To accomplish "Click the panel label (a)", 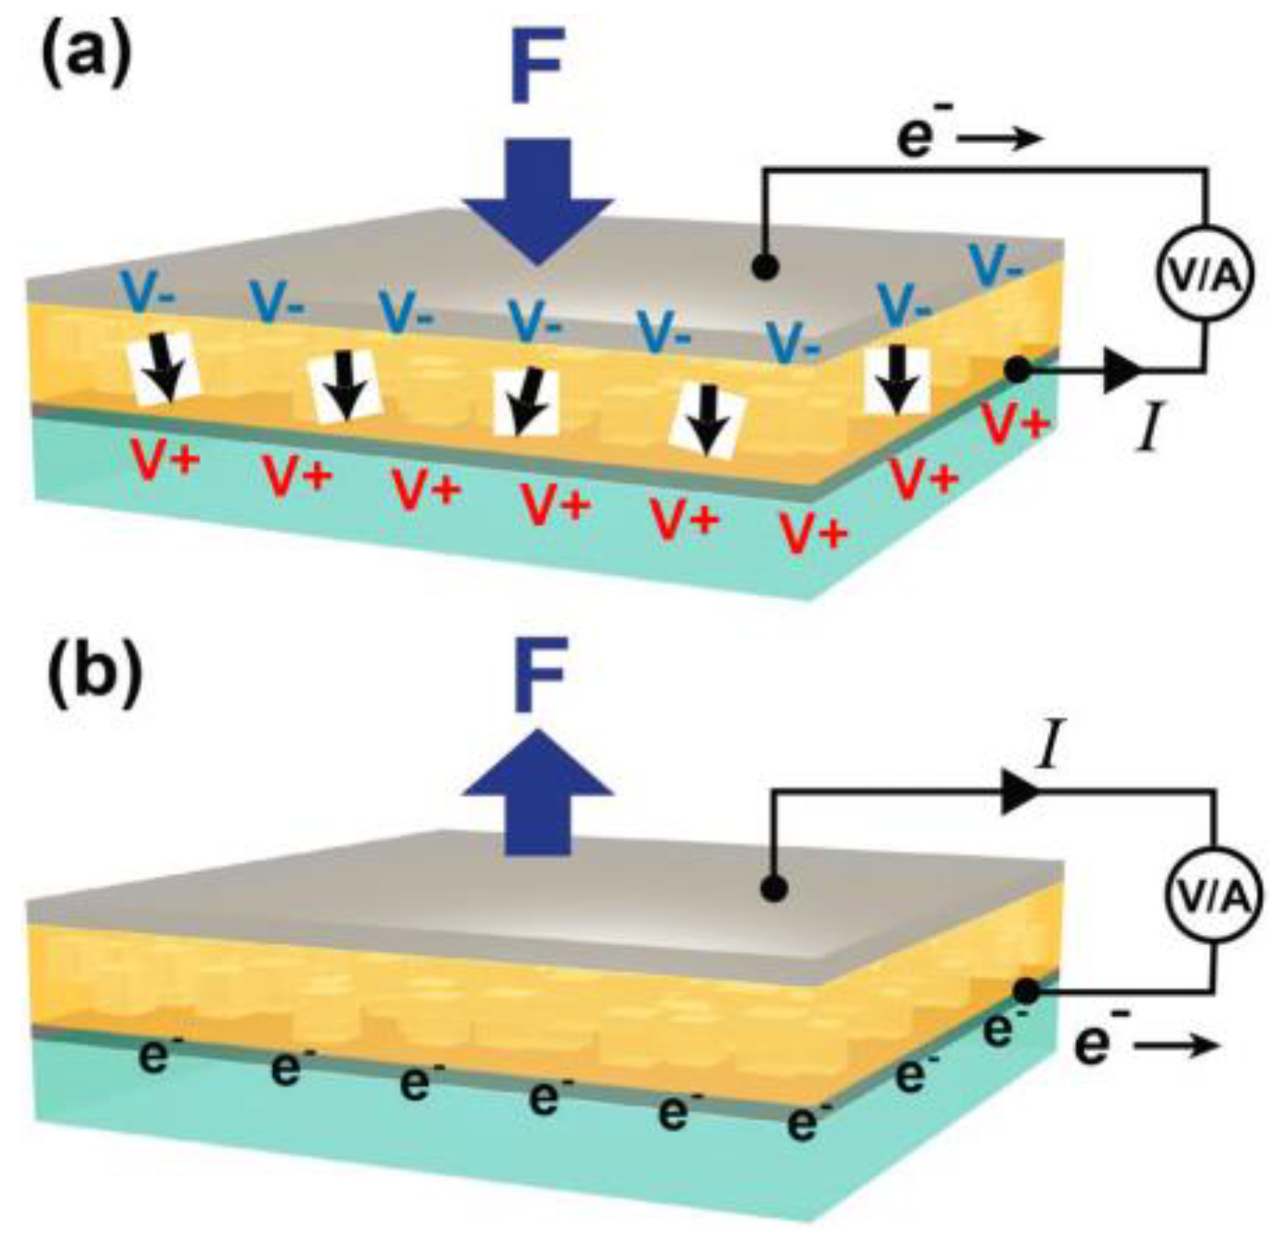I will tap(85, 57).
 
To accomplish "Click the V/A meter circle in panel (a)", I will tap(1204, 274).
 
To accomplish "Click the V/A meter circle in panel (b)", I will tap(1213, 896).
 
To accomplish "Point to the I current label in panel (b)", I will tap(1049, 748).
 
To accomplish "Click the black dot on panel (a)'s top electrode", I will tap(764, 267).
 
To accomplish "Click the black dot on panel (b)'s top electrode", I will tap(774, 889).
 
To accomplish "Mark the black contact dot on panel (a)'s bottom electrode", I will tap(1017, 370).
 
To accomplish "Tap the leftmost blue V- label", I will tap(151, 293).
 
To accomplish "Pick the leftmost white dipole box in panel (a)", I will tap(164, 370).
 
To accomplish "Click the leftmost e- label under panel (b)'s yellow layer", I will tap(155, 1056).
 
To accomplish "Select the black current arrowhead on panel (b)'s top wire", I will tap(1019, 793).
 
